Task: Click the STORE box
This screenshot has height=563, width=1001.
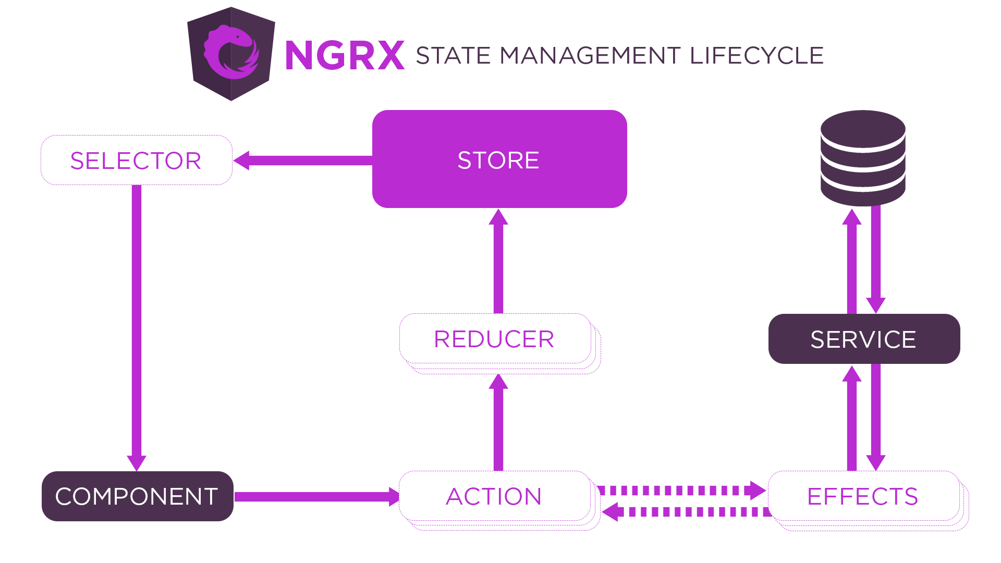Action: pos(499,159)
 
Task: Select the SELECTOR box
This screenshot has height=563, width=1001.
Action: pos(137,160)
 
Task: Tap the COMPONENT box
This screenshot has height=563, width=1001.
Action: pos(138,496)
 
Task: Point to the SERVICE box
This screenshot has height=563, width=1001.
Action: pos(864,339)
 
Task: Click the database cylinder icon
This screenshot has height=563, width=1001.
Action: pos(863,158)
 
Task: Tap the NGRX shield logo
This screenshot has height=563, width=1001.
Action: pos(231,54)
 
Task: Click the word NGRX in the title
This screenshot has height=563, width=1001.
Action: pos(345,55)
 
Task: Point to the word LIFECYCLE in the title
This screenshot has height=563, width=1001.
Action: pos(756,56)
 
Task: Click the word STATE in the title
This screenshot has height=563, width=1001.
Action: pos(453,56)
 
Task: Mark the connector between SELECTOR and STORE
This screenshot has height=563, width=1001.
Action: pos(302,160)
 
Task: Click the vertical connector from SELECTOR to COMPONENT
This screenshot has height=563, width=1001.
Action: pos(137,327)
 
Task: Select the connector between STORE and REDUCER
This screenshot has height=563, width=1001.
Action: pos(498,261)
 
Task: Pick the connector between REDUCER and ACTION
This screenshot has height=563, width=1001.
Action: pos(498,422)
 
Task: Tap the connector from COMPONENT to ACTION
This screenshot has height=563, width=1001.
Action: pos(316,497)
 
